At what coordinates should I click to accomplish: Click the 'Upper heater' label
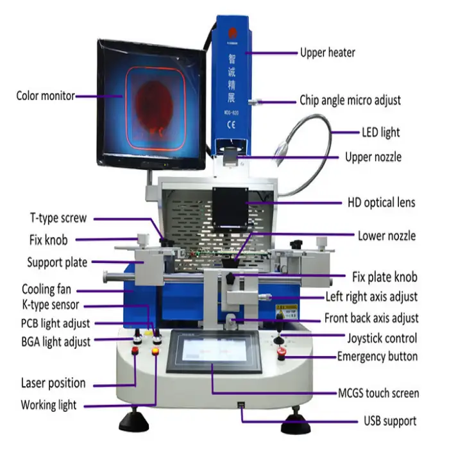tap(328, 53)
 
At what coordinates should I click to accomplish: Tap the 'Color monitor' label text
tap(46, 96)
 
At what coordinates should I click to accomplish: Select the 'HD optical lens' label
tap(381, 203)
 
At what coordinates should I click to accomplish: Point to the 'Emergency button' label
tap(377, 357)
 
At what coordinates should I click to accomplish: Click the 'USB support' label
tap(390, 421)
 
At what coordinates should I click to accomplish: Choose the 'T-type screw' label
tap(58, 218)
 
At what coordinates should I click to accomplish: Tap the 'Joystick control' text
tap(382, 338)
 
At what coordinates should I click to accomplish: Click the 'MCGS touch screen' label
tap(378, 393)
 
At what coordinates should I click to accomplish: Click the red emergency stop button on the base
tap(282, 352)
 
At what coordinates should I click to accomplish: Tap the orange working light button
tap(155, 351)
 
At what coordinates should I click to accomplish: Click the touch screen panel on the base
tap(214, 351)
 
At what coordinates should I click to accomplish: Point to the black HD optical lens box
tap(230, 208)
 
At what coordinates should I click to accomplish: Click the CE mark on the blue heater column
tap(231, 124)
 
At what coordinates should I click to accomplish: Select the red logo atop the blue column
tap(232, 33)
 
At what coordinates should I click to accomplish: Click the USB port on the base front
tap(241, 405)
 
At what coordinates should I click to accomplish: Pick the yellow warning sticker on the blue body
tap(286, 311)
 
